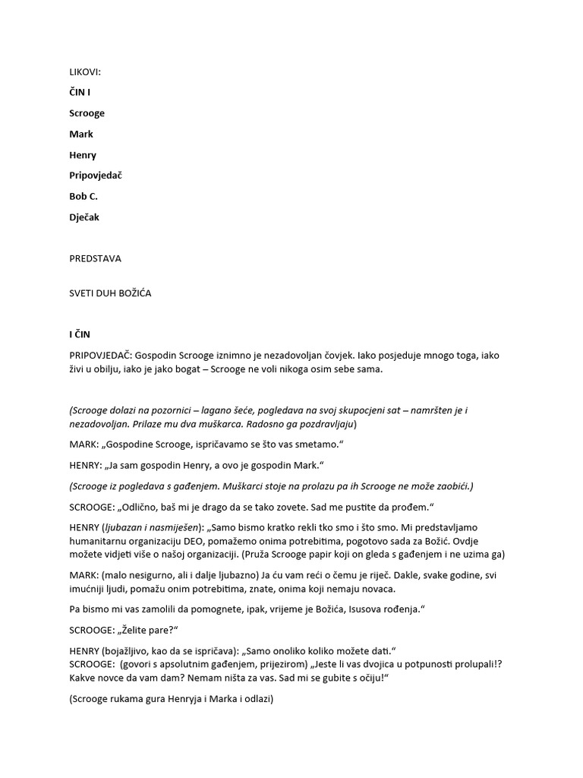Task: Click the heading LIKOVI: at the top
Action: [85, 72]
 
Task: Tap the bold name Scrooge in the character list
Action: [87, 113]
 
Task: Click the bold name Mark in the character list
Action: [81, 134]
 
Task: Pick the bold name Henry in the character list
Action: [84, 155]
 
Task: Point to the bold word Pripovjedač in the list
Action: [96, 176]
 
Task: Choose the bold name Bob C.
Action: [84, 196]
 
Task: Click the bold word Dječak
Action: [84, 217]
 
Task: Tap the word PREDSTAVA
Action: [95, 258]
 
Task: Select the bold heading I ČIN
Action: [81, 334]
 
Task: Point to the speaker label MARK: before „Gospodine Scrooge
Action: [83, 444]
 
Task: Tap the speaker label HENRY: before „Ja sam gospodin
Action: [86, 465]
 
